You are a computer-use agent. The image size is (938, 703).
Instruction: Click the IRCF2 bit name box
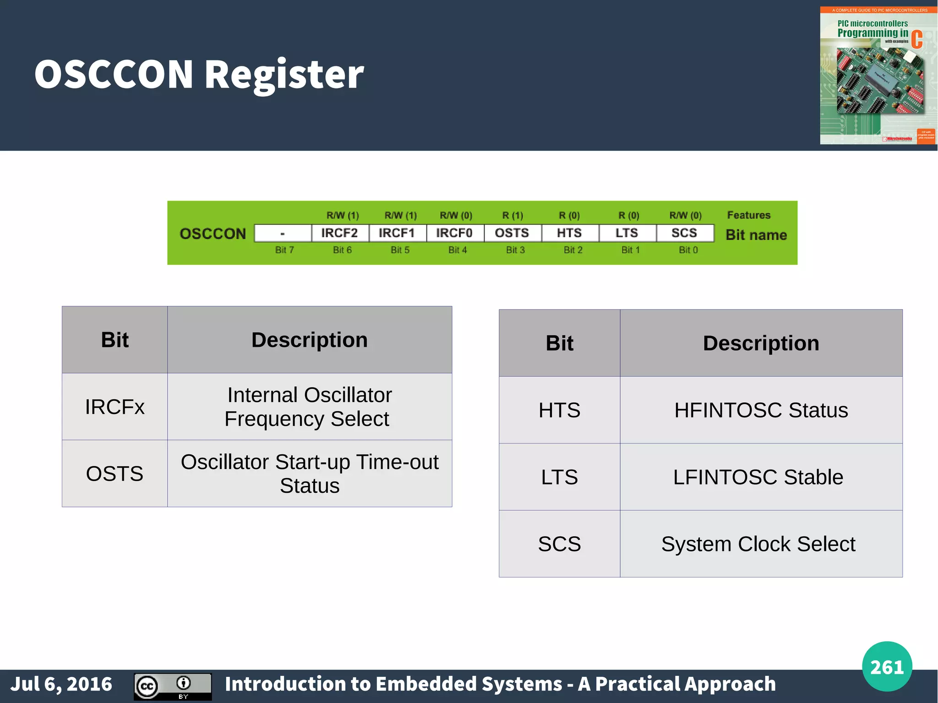pyautogui.click(x=339, y=233)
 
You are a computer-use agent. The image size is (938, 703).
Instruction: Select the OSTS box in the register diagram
pyautogui.click(x=512, y=233)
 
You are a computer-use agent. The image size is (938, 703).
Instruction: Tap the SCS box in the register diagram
pyautogui.click(x=684, y=233)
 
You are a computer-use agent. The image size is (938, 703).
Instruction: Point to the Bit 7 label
pyautogui.click(x=284, y=250)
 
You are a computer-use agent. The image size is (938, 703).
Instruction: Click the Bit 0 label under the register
pyautogui.click(x=688, y=250)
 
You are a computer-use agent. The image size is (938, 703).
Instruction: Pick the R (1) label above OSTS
pyautogui.click(x=513, y=215)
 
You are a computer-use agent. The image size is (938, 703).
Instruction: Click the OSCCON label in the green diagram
pyautogui.click(x=213, y=234)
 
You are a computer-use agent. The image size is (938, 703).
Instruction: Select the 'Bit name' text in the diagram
pyautogui.click(x=756, y=235)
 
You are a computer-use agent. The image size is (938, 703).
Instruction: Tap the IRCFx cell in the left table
pyautogui.click(x=115, y=407)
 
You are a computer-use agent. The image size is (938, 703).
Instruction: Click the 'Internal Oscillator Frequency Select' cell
pyautogui.click(x=309, y=407)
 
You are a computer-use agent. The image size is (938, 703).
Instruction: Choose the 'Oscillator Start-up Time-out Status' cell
pyautogui.click(x=309, y=474)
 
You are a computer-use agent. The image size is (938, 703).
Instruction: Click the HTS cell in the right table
pyautogui.click(x=559, y=410)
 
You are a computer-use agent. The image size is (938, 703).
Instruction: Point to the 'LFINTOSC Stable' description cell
pyautogui.click(x=760, y=477)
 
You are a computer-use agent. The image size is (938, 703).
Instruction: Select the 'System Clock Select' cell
pyautogui.click(x=760, y=544)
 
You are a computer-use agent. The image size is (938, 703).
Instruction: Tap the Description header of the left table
pyautogui.click(x=309, y=340)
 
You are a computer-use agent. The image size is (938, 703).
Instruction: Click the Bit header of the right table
pyautogui.click(x=559, y=343)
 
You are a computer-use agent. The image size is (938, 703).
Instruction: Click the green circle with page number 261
pyautogui.click(x=887, y=666)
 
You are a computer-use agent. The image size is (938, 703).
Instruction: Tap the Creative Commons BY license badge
pyautogui.click(x=173, y=687)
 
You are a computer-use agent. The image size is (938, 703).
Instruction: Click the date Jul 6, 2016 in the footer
pyautogui.click(x=61, y=684)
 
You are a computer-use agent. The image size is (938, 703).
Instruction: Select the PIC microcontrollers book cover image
pyautogui.click(x=878, y=76)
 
